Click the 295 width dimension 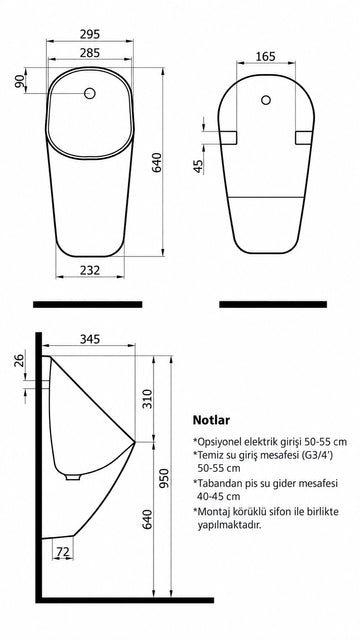pyautogui.click(x=89, y=34)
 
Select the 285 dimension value pyautogui.click(x=89, y=53)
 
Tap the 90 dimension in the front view pyautogui.click(x=19, y=81)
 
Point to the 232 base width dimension pyautogui.click(x=89, y=270)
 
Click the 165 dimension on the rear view pyautogui.click(x=265, y=56)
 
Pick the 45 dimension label pyautogui.click(x=198, y=167)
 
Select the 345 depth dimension pyautogui.click(x=89, y=339)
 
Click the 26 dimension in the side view pyautogui.click(x=19, y=360)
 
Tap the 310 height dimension pyautogui.click(x=147, y=399)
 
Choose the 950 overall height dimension pyautogui.click(x=164, y=478)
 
